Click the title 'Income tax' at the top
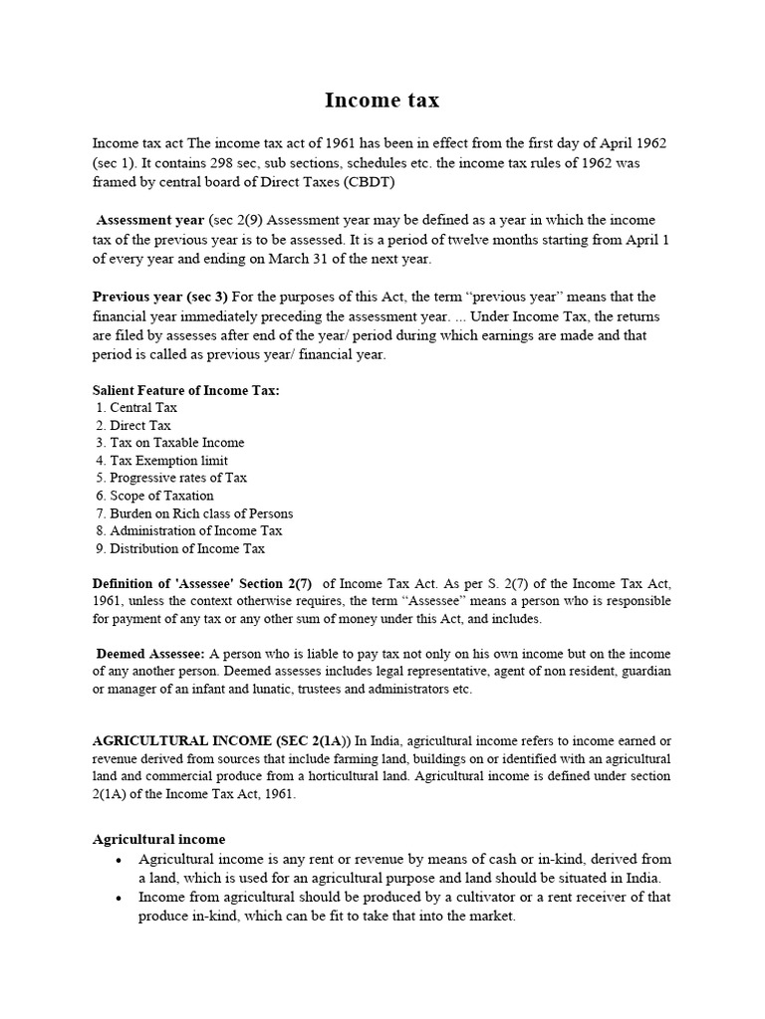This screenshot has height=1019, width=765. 382,101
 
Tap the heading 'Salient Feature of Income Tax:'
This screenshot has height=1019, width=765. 186,390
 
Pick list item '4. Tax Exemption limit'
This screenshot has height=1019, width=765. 161,461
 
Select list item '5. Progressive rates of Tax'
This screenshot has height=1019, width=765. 171,478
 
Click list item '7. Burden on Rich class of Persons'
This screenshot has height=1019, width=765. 194,513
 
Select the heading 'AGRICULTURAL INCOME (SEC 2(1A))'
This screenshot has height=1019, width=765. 222,741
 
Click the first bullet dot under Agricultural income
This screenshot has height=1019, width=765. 119,860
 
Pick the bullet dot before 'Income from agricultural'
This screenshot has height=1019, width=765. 119,899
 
